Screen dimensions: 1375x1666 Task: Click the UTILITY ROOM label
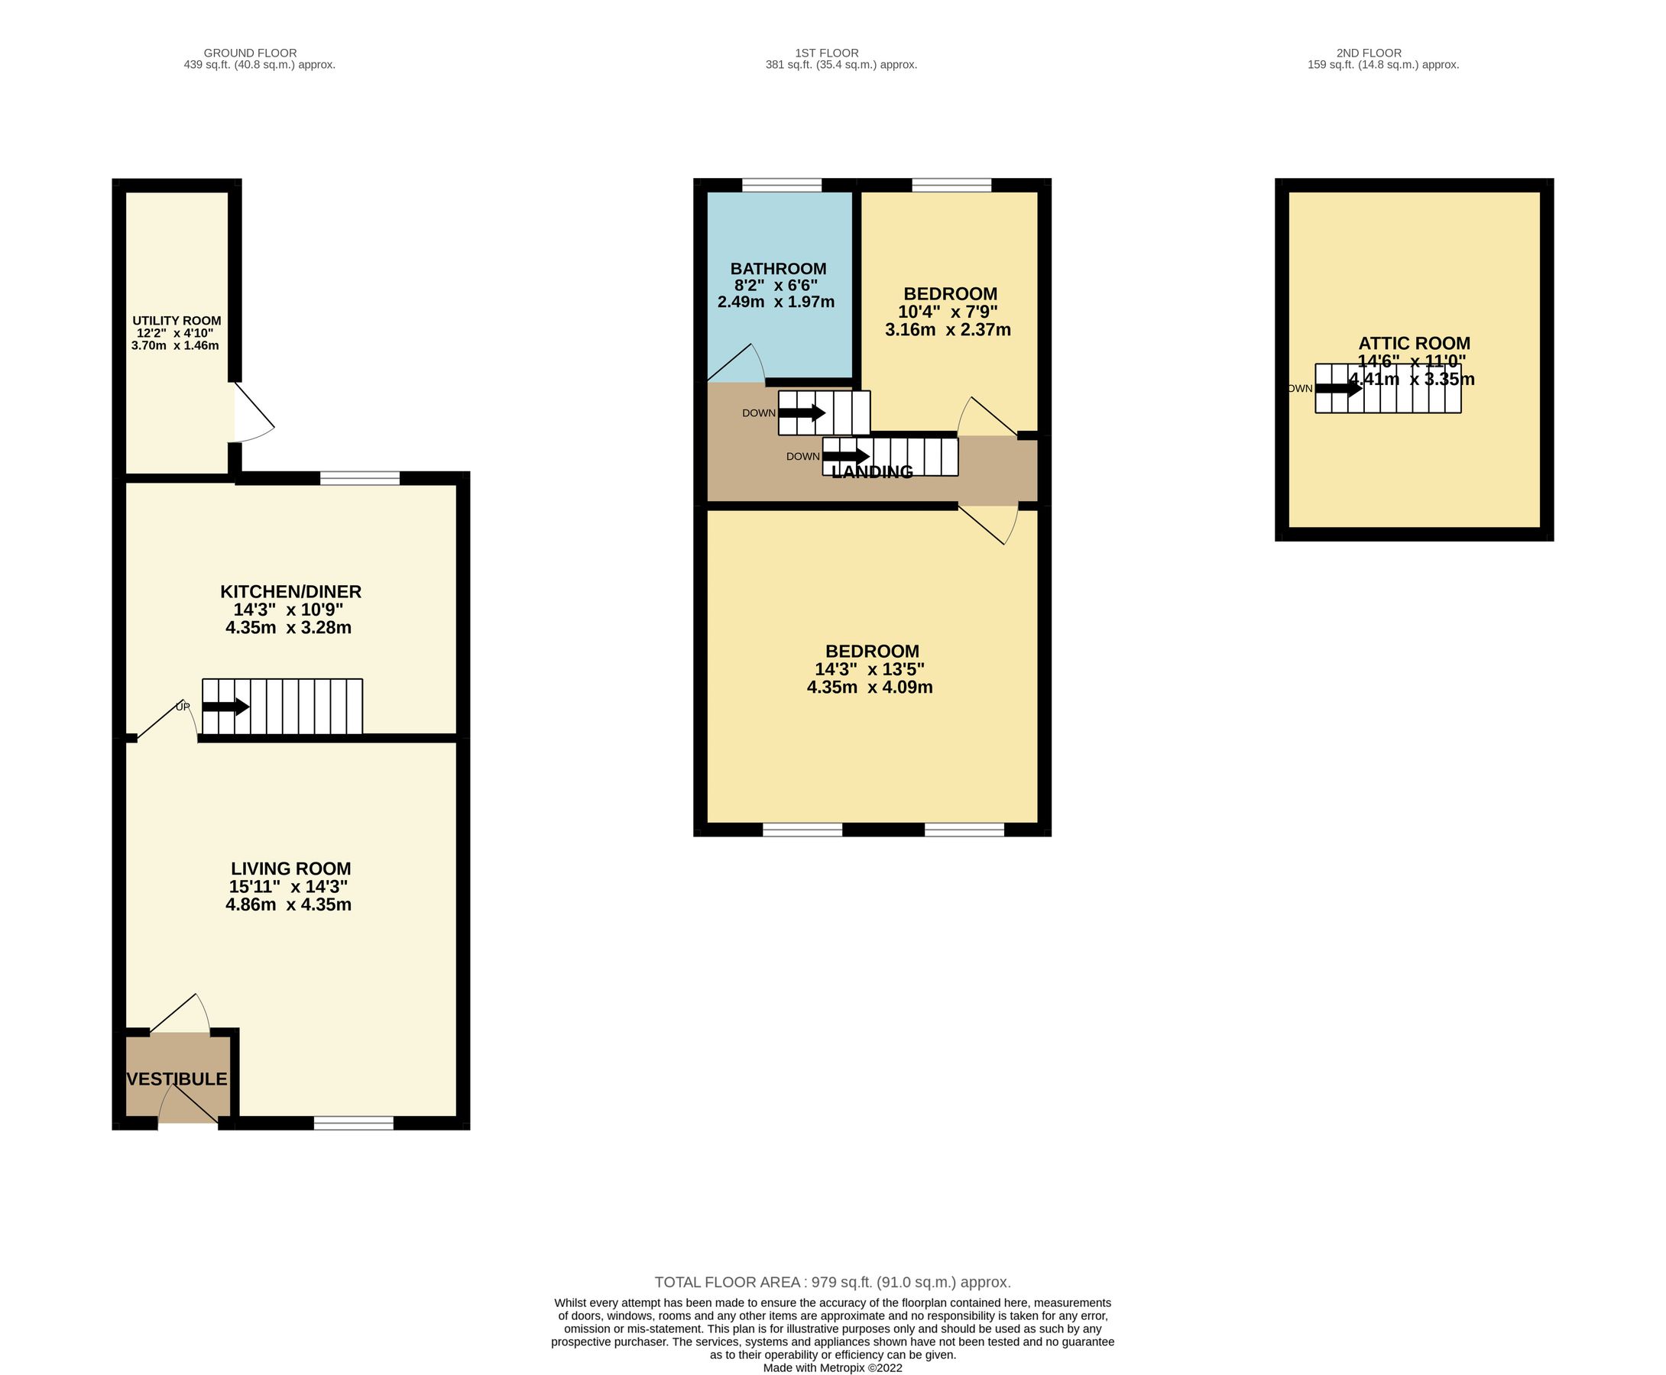(177, 321)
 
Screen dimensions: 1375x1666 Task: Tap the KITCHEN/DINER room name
(290, 592)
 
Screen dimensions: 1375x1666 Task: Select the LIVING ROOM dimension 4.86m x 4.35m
(288, 904)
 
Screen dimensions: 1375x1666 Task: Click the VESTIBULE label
(177, 1079)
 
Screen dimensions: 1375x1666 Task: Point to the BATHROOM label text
(778, 268)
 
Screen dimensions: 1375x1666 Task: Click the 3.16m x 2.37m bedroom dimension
(948, 329)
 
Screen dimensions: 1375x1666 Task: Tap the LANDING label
(872, 472)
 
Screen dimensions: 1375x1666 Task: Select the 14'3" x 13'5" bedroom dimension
(870, 669)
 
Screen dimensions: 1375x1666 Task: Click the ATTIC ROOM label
(1414, 343)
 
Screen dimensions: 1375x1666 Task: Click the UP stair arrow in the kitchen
(225, 707)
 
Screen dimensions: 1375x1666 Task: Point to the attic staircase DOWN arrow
(1339, 388)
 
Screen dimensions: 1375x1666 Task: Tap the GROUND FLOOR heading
(251, 53)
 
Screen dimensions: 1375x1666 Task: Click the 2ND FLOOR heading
(1369, 53)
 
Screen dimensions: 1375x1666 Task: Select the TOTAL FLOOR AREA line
(832, 1282)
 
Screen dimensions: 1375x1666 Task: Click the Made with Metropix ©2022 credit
(832, 1367)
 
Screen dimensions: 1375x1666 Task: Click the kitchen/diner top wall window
(360, 477)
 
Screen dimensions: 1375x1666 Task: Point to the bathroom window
(782, 186)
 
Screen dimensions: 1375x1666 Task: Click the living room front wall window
(353, 1122)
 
